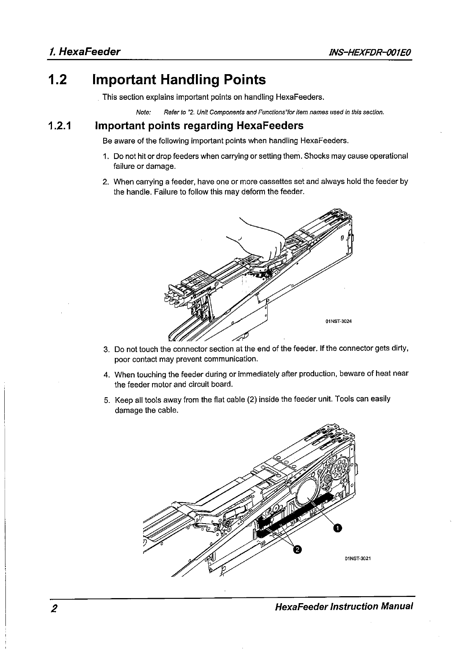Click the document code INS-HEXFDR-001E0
pyautogui.click(x=369, y=52)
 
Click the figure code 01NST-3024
pyautogui.click(x=338, y=321)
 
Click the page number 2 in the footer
pyautogui.click(x=54, y=608)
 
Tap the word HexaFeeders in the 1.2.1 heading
pyautogui.click(x=270, y=126)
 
